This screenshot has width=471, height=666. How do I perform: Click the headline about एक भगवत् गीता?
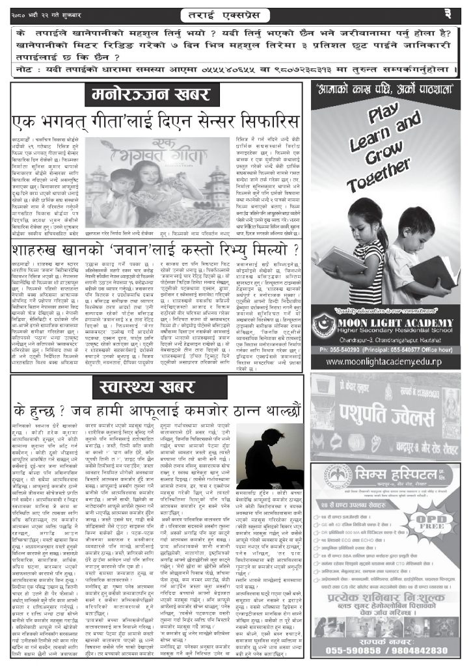coord(155,122)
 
